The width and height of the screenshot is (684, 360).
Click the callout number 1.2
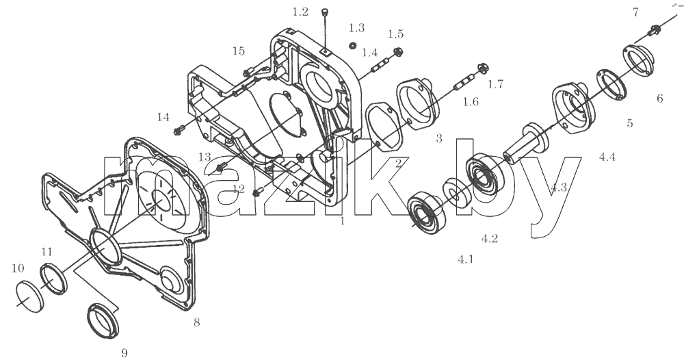tap(300, 12)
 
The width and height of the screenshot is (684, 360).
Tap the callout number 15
tap(239, 51)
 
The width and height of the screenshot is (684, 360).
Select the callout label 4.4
tap(607, 157)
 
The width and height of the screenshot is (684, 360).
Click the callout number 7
tap(635, 12)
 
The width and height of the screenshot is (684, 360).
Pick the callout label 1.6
tap(471, 102)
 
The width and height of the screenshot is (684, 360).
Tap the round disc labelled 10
tap(30, 296)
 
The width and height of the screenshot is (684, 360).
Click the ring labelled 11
tap(54, 279)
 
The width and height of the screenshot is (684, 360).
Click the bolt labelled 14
tap(179, 129)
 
